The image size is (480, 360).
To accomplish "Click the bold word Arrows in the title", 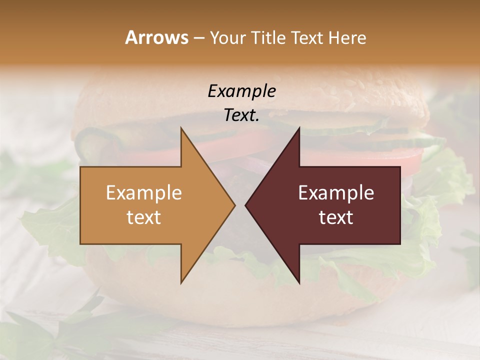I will [156, 37].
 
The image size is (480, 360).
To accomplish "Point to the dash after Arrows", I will [198, 38].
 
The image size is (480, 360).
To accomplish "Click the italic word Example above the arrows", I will [241, 91].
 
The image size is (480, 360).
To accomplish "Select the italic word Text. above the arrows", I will [241, 115].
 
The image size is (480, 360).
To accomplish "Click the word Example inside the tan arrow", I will [143, 192].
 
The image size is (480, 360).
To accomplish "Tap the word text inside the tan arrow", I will [143, 217].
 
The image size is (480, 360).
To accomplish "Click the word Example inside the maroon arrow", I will [336, 192].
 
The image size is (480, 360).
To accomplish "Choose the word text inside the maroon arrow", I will [336, 217].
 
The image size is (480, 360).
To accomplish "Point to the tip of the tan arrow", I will [233, 205].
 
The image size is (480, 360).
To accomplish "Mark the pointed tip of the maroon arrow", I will [246, 205].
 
